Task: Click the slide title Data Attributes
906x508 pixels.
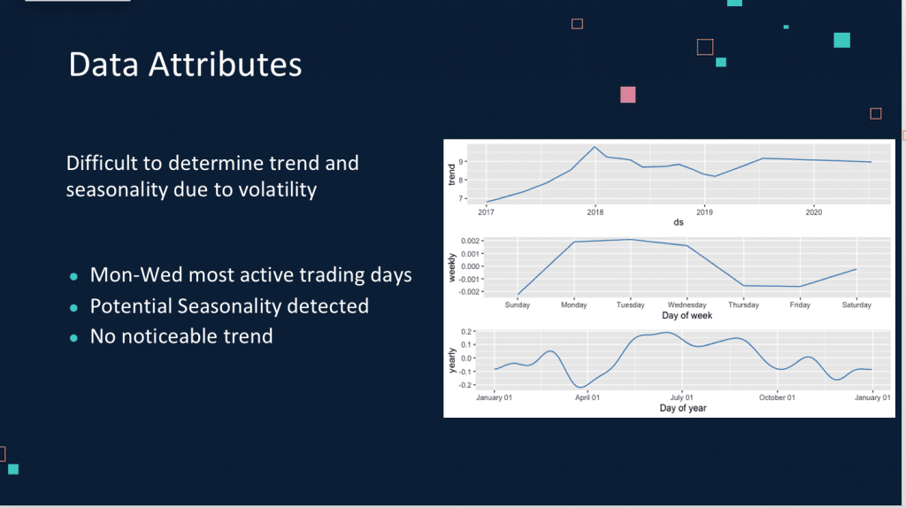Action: (185, 64)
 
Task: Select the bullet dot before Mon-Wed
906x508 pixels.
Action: (73, 277)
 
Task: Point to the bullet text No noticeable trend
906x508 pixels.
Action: (181, 336)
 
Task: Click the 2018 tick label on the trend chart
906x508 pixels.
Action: (595, 212)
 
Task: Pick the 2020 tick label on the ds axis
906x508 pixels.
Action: (814, 212)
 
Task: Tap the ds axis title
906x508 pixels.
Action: (679, 222)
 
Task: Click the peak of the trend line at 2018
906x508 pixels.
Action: (595, 147)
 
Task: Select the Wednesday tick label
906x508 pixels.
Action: (687, 304)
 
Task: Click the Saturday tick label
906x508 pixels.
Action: (856, 304)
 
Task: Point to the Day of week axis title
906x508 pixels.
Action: (687, 316)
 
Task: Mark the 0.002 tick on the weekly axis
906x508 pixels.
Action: (470, 241)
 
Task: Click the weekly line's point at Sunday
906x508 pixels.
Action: (518, 295)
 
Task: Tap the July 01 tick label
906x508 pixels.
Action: (682, 397)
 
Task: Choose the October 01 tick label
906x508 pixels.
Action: (777, 397)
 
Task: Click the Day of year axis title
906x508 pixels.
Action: (683, 408)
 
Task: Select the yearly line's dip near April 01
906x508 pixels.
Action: (580, 387)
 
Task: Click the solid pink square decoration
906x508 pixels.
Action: (628, 95)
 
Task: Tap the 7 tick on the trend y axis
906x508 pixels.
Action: (461, 199)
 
